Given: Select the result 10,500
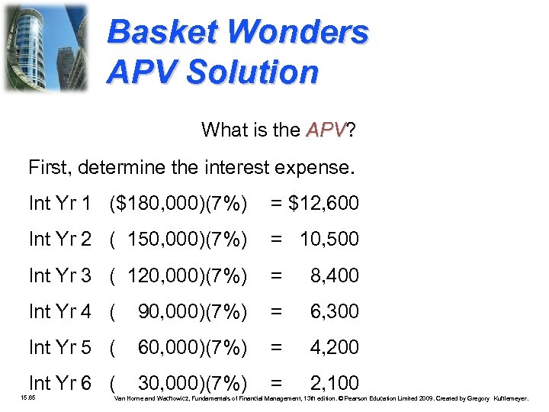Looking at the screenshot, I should (329, 240).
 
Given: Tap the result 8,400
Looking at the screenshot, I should (334, 275).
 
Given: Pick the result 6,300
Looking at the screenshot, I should (334, 311).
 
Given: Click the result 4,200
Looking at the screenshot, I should (334, 347).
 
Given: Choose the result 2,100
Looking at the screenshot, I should (334, 382).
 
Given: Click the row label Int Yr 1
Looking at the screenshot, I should (60, 204).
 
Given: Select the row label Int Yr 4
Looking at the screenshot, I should (60, 311).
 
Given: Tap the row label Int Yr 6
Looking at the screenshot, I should (60, 382).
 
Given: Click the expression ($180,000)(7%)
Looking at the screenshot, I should (178, 204).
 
